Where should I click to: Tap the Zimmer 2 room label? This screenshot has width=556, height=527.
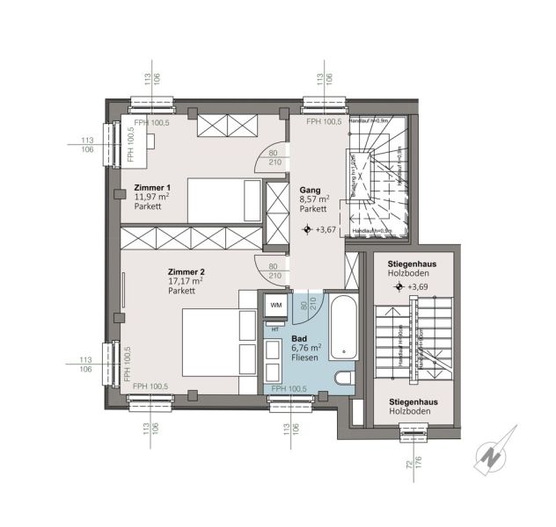186,271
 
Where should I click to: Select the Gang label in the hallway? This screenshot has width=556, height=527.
309,189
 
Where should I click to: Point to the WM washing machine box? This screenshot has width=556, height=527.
275,305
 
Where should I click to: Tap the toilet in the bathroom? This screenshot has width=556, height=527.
345,379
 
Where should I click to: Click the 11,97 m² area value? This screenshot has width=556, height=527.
151,198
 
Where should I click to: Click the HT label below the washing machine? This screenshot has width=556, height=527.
275,328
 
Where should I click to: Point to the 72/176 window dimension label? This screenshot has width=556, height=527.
413,466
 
